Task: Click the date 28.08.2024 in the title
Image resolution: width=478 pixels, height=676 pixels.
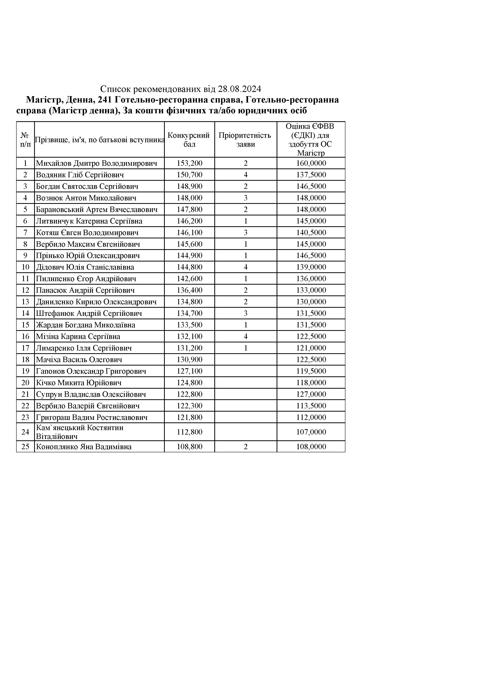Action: pyautogui.click(x=239, y=89)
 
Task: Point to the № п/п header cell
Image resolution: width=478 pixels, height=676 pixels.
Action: pyautogui.click(x=25, y=140)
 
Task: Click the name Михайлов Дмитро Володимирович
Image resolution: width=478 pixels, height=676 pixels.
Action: pyautogui.click(x=96, y=163)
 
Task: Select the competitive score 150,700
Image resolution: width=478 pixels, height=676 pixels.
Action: pyautogui.click(x=189, y=175)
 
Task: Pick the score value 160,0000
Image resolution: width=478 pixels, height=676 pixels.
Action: pyautogui.click(x=311, y=163)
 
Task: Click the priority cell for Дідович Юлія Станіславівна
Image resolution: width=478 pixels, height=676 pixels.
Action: pyautogui.click(x=246, y=267)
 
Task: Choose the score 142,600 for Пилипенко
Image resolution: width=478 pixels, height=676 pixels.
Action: pyautogui.click(x=189, y=278)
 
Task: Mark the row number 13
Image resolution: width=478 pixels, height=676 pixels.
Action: pyautogui.click(x=25, y=302)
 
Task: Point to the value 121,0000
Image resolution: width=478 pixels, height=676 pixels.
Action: pyautogui.click(x=311, y=348)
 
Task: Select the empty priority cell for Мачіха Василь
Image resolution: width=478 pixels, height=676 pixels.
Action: pyautogui.click(x=246, y=360)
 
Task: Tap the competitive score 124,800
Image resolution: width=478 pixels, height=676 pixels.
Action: pyautogui.click(x=189, y=383)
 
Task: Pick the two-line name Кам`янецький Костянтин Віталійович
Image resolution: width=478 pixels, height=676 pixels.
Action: pyautogui.click(x=80, y=432)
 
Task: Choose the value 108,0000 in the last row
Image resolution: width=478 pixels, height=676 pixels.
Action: pyautogui.click(x=311, y=447)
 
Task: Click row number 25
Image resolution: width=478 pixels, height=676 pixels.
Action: pyautogui.click(x=25, y=447)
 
